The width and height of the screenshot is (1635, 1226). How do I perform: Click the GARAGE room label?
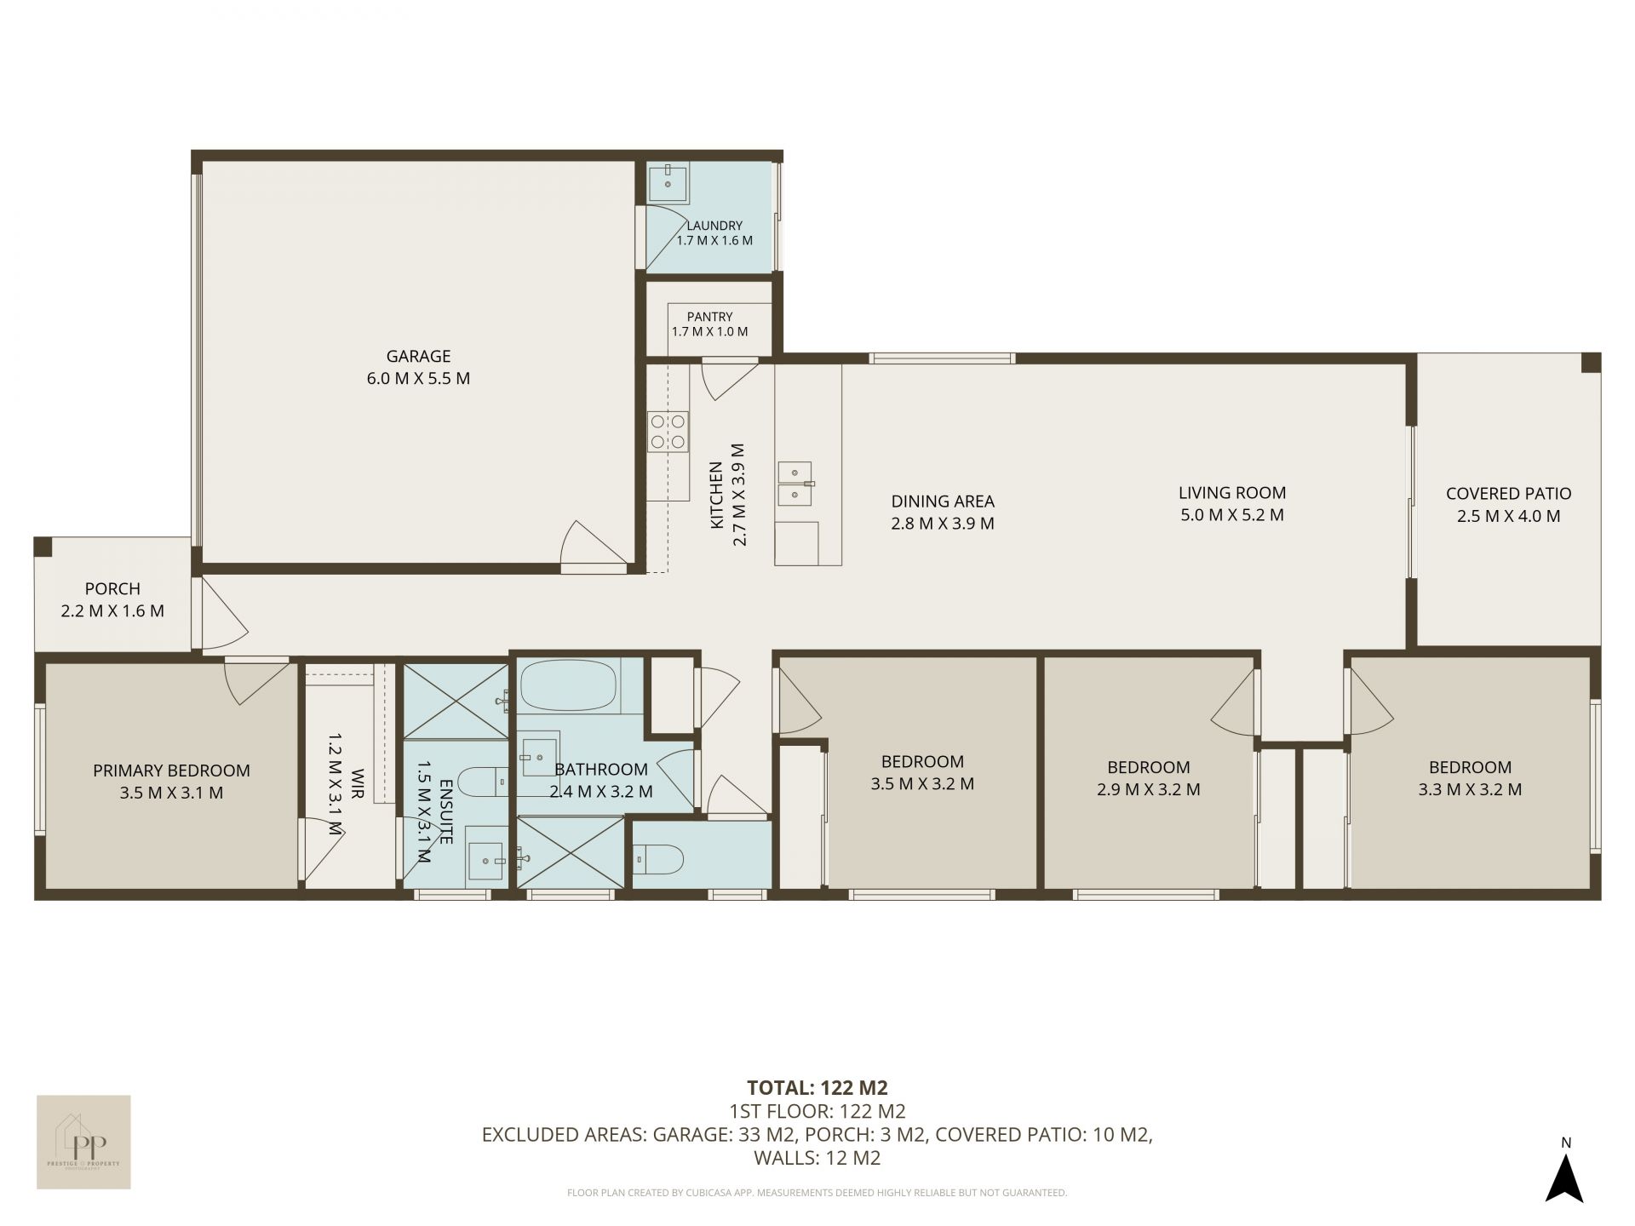(418, 356)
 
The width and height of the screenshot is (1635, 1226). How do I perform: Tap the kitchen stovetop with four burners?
(668, 431)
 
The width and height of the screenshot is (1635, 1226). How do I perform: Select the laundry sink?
(668, 183)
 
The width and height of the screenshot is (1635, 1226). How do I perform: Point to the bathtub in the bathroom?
(567, 685)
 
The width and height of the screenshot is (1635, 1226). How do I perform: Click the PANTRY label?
(709, 317)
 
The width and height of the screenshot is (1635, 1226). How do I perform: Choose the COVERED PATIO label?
(1508, 493)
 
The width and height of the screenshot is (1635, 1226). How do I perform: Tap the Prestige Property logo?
(83, 1142)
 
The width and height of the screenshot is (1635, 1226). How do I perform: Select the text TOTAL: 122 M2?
(817, 1087)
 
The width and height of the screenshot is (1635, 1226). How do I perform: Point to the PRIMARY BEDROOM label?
(171, 771)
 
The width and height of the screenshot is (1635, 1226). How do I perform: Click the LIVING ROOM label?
(1232, 492)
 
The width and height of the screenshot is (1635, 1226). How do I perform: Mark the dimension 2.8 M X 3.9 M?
(943, 524)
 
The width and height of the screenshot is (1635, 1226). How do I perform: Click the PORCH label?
(112, 588)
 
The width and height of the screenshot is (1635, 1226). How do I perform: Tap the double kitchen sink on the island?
(795, 484)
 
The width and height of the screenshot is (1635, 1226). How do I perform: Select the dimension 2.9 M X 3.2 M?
(1149, 789)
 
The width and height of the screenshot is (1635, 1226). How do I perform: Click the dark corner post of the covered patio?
(1591, 363)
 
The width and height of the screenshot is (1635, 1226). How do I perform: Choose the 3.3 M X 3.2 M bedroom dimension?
(1470, 789)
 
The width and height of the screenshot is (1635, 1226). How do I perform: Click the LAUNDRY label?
(714, 226)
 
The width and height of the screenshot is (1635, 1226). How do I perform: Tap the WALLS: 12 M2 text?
(817, 1158)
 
